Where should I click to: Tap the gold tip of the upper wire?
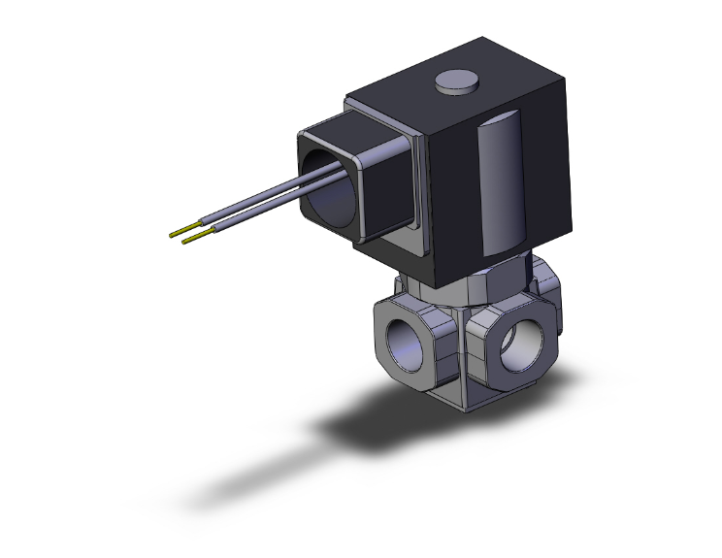coord(176,233)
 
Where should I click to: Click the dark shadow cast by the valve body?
coord(388,422)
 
